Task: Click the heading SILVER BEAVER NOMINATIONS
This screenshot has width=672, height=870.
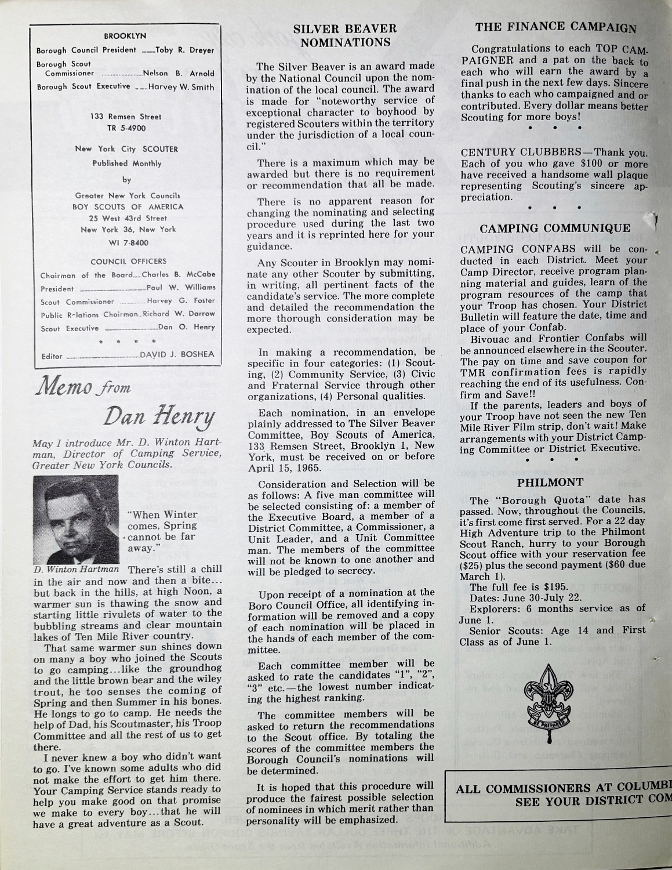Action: point(344,35)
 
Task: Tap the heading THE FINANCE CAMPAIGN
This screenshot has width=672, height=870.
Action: point(555,27)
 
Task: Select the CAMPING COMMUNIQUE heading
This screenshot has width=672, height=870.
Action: point(555,228)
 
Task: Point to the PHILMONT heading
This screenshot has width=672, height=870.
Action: point(550,482)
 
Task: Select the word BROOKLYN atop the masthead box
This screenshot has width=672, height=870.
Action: point(125,36)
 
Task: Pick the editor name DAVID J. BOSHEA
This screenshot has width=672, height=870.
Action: point(177,354)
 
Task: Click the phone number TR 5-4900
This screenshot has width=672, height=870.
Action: point(126,128)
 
